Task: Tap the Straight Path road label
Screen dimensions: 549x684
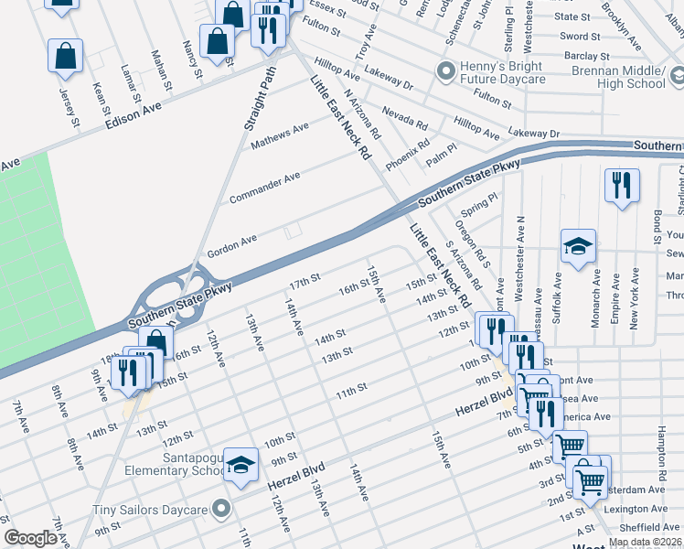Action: [x=262, y=102]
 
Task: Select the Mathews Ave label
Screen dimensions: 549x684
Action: [x=281, y=133]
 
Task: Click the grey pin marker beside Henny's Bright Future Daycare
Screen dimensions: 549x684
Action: [x=446, y=70]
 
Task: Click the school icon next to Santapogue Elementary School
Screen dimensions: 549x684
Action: [x=240, y=466]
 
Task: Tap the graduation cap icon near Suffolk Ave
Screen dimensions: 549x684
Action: [x=578, y=246]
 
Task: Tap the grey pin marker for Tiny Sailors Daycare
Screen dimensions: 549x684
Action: [x=220, y=508]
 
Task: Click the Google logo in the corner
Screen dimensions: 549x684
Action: [x=30, y=538]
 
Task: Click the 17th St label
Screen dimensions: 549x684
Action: [x=304, y=277]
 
